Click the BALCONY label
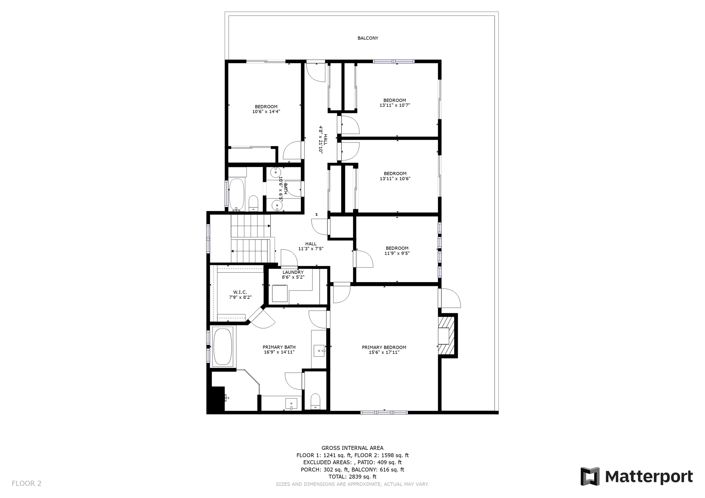pyautogui.click(x=368, y=38)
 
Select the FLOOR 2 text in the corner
pyautogui.click(x=27, y=483)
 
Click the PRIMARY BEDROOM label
pyautogui.click(x=384, y=347)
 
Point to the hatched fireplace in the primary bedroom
pyautogui.click(x=447, y=336)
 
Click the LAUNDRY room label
pyautogui.click(x=293, y=272)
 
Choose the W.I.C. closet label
pyautogui.click(x=240, y=292)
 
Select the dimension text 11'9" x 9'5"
pyautogui.click(x=397, y=253)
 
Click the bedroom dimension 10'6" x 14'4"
pyautogui.click(x=266, y=111)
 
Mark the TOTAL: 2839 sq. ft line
pyautogui.click(x=352, y=477)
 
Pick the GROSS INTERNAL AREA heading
pyautogui.click(x=352, y=448)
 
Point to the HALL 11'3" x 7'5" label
pyautogui.click(x=311, y=246)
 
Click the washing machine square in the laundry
pyautogui.click(x=280, y=293)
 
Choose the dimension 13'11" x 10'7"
pyautogui.click(x=394, y=105)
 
